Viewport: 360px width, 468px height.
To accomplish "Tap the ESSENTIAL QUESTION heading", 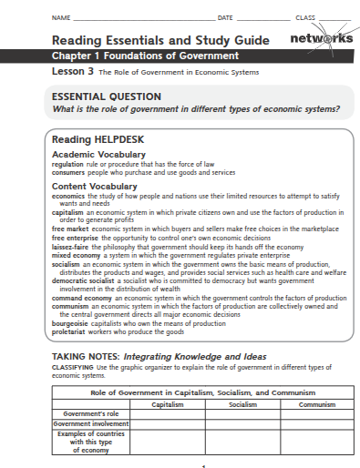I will coord(107,97).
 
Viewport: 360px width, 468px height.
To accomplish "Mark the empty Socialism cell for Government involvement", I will coord(242,423).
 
